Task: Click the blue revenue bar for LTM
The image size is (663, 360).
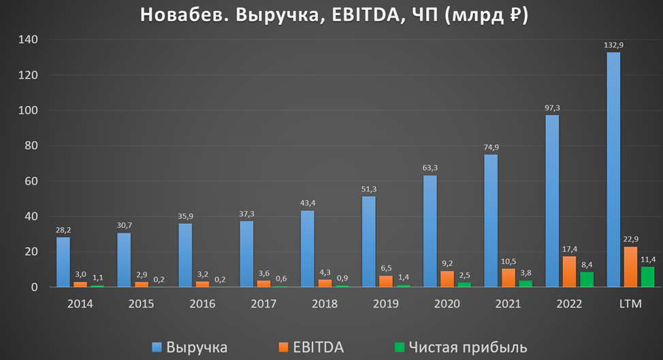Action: pos(613,170)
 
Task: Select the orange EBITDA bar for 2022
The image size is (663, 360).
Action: pos(569,272)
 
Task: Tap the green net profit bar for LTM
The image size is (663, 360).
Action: pos(647,277)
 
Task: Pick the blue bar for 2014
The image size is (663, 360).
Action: pos(63,262)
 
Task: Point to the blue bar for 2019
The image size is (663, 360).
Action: pos(368,242)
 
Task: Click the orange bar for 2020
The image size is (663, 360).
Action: pos(447,279)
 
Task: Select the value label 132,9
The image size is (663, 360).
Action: pos(613,46)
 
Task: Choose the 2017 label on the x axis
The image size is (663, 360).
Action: pos(263,304)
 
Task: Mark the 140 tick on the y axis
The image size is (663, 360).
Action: pos(29,40)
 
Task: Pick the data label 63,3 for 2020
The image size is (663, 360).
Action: pos(430,169)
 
